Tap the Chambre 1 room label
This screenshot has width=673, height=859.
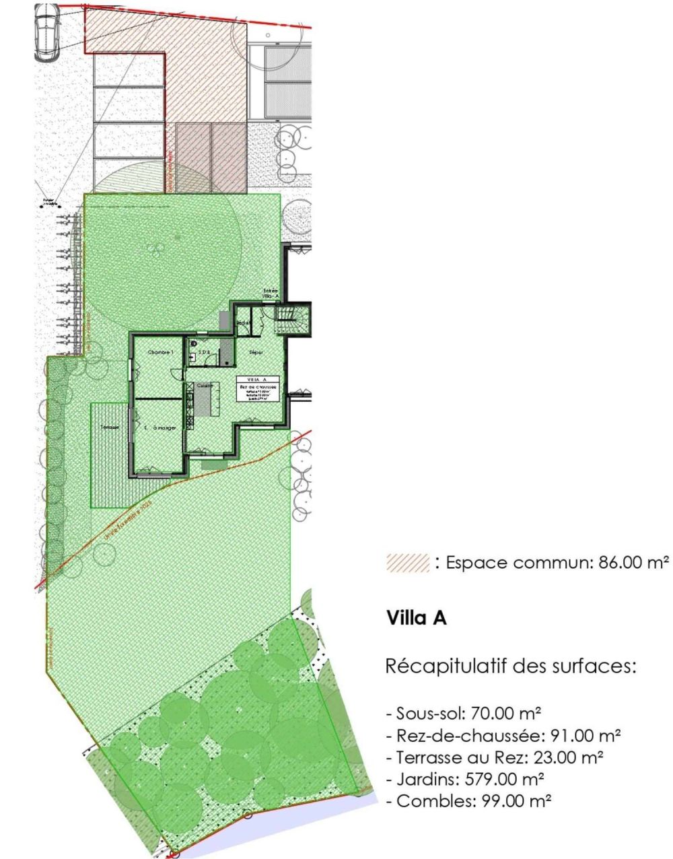(x=162, y=353)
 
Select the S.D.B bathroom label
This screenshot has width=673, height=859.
(x=204, y=352)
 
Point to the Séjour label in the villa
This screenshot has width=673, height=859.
(x=256, y=353)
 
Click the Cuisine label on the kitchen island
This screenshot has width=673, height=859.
(x=205, y=386)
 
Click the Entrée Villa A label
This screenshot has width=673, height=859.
(x=271, y=294)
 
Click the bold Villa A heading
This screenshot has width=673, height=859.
(x=417, y=618)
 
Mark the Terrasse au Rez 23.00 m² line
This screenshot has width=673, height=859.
(x=494, y=757)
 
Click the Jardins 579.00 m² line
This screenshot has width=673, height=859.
(x=465, y=780)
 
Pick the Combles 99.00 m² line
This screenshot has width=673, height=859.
(x=469, y=802)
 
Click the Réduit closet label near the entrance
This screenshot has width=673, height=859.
(x=244, y=323)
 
